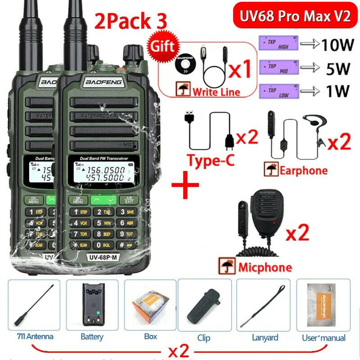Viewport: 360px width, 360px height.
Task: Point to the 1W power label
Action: click(x=336, y=91)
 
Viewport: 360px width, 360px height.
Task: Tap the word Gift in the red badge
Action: click(x=163, y=47)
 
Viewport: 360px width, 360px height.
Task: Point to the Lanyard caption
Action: click(x=265, y=337)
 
